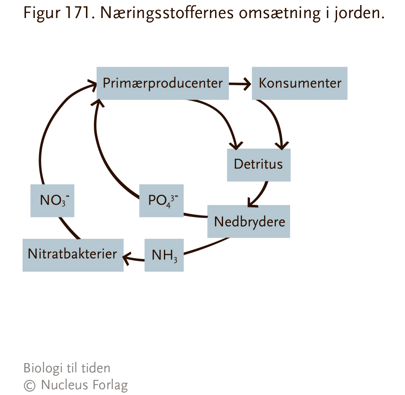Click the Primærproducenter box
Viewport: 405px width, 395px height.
163,83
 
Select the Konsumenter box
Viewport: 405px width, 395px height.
300,83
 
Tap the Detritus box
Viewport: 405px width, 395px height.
259,165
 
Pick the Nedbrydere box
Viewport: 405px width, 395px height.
249,222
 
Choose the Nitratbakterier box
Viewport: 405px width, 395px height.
73,255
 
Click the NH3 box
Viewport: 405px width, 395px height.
164,255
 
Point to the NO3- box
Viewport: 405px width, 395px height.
52,201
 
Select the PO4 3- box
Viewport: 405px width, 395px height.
161,201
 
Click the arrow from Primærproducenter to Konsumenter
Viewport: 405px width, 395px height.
240,84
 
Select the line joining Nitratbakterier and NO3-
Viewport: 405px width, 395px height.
69,228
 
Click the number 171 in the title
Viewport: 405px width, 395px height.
78,13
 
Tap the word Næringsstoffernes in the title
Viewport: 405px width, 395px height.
167,14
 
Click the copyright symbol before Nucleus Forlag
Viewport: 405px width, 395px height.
29,386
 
